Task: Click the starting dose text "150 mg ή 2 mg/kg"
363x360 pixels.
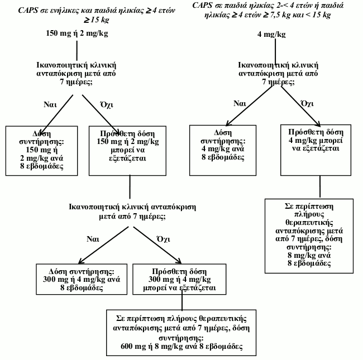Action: click(x=77, y=33)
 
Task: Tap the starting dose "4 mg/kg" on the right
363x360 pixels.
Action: click(x=271, y=34)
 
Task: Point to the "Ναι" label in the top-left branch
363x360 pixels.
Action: click(x=50, y=104)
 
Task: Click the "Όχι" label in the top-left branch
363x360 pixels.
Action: click(x=107, y=104)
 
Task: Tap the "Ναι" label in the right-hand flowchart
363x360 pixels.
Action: click(x=240, y=103)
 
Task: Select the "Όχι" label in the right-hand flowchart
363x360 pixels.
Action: click(x=307, y=103)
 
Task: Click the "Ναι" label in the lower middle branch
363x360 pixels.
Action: click(x=93, y=239)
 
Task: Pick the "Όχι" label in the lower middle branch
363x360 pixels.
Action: click(x=164, y=239)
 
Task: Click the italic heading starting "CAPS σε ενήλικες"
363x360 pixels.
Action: click(x=97, y=15)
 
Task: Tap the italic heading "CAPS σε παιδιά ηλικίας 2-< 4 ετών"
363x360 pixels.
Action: click(x=268, y=10)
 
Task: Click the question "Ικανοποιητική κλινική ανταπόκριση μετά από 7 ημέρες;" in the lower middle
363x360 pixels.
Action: click(x=132, y=212)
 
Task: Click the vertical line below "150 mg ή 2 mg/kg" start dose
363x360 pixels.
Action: click(x=77, y=51)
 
